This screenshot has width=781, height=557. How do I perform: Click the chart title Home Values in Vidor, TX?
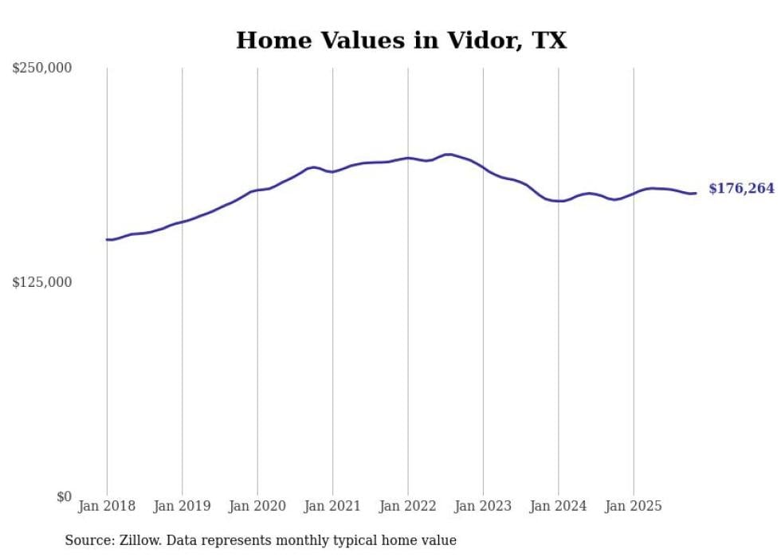click(401, 41)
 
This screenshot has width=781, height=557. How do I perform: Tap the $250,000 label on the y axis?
click(41, 69)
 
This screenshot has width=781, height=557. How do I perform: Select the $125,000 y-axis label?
click(41, 282)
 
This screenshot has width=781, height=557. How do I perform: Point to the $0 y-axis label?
click(64, 496)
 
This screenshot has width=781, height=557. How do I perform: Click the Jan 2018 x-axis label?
click(107, 506)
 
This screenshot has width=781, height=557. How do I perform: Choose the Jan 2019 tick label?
click(182, 506)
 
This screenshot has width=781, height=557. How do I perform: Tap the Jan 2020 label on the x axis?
click(257, 506)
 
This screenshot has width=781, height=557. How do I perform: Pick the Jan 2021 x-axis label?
click(332, 506)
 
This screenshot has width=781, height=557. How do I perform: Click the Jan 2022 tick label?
click(408, 506)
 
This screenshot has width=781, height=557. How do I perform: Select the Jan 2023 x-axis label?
click(483, 506)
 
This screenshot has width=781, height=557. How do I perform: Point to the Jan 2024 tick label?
click(559, 506)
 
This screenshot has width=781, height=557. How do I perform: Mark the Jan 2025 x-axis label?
click(634, 506)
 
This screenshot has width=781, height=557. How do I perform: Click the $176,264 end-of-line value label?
click(741, 189)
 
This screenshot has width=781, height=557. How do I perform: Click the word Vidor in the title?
click(475, 41)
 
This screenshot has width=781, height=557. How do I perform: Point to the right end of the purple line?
click(696, 193)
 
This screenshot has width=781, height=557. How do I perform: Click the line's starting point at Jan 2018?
click(107, 239)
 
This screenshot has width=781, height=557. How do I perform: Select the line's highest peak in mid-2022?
click(448, 155)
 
